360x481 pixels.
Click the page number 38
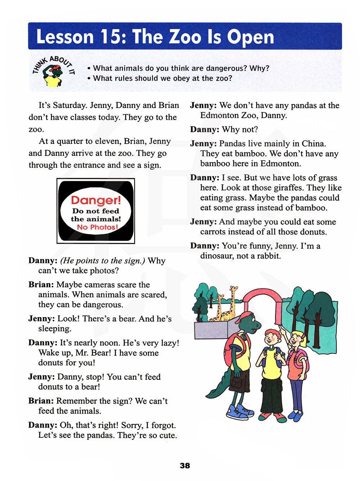tap(185, 466)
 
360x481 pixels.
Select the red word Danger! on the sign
tap(96, 200)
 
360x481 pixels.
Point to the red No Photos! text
tap(97, 227)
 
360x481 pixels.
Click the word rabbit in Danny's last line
tap(268, 256)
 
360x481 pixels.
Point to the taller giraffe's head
tap(234, 288)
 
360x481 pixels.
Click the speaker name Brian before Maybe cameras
tap(41, 285)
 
